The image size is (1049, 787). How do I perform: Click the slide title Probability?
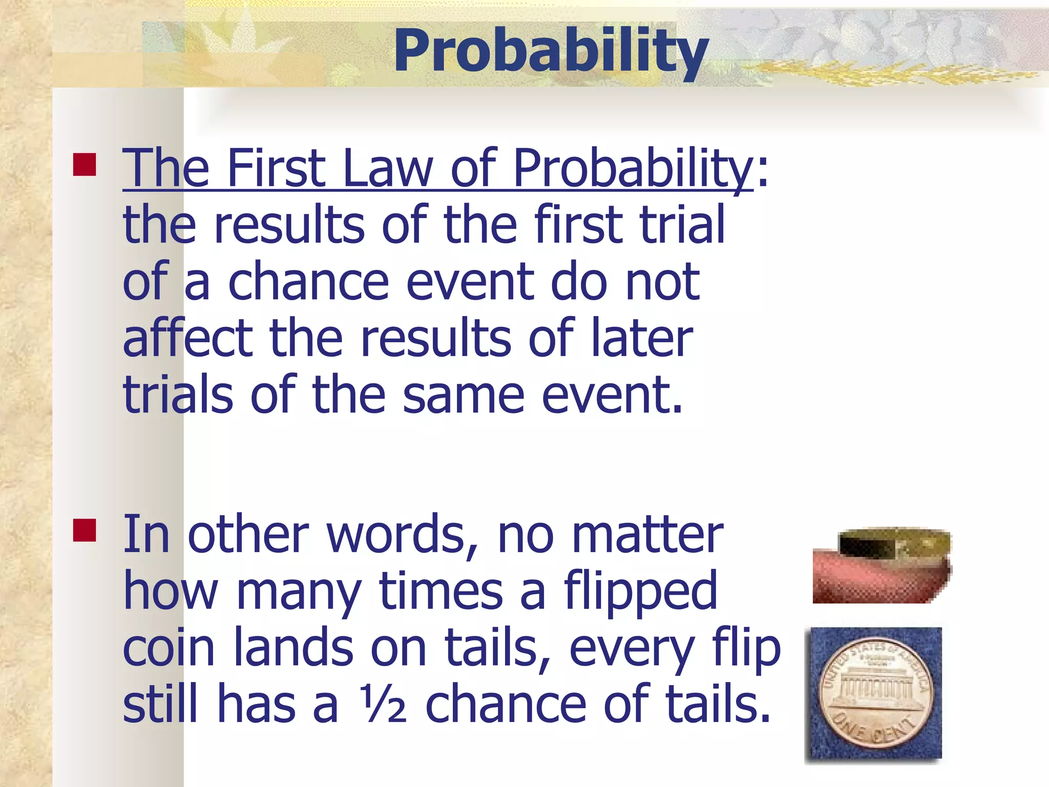(x=551, y=51)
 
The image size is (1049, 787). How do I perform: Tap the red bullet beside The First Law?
(x=85, y=165)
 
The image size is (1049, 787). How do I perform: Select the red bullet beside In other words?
(x=85, y=530)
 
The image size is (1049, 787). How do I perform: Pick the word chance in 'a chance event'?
(x=308, y=282)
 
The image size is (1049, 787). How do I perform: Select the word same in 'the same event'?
(x=463, y=396)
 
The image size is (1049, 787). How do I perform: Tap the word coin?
(x=169, y=648)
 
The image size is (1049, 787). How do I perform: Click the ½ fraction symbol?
(x=382, y=705)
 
